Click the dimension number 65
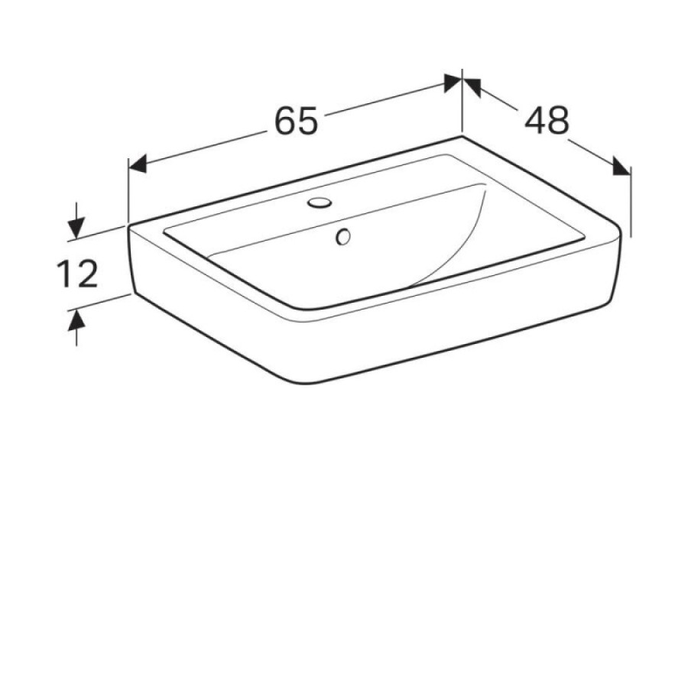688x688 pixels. pyautogui.click(x=296, y=121)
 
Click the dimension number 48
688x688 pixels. pyautogui.click(x=547, y=120)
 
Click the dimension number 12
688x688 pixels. pyautogui.click(x=77, y=274)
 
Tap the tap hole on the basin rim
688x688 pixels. pyautogui.click(x=319, y=203)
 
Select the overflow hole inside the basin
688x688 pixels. pyautogui.click(x=343, y=237)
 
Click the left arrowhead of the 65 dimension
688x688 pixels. pyautogui.click(x=137, y=164)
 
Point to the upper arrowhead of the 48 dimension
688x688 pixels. pyautogui.click(x=472, y=86)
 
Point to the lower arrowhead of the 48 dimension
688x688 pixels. pyautogui.click(x=622, y=167)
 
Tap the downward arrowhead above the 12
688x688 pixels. pyautogui.click(x=76, y=227)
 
